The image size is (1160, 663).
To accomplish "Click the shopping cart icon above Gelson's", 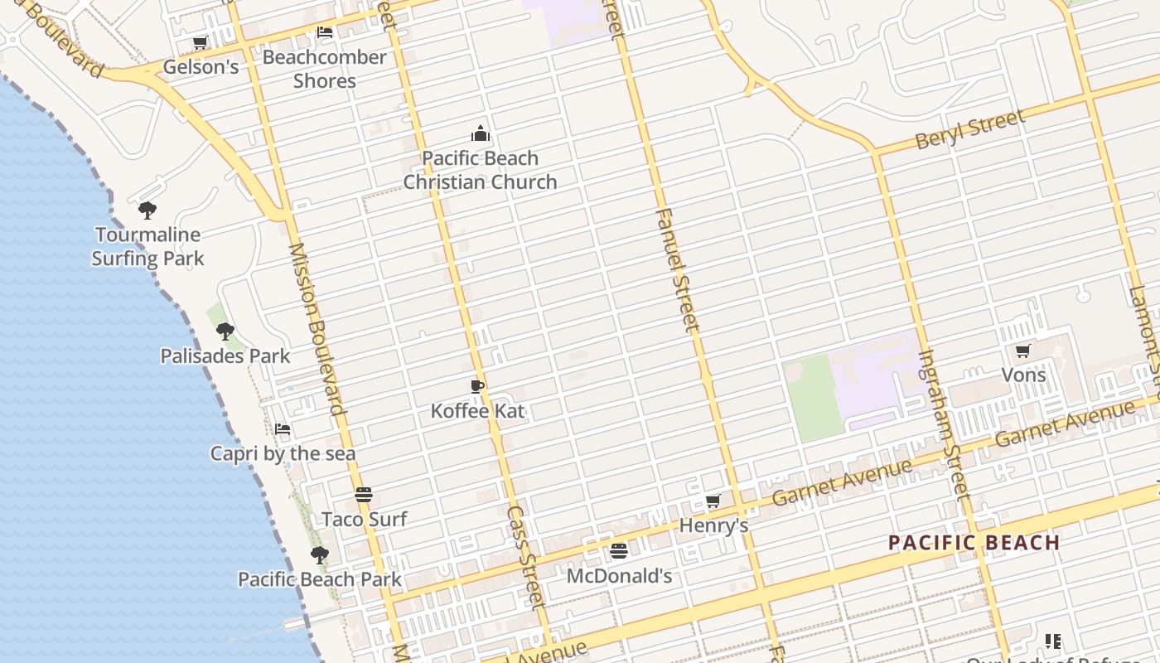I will click(200, 42).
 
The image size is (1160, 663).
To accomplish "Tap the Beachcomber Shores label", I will click(324, 69).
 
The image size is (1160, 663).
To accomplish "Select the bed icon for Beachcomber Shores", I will click(325, 32).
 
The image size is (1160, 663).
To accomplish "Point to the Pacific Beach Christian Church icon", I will click(480, 133).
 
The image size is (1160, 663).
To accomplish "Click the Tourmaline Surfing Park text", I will click(147, 247).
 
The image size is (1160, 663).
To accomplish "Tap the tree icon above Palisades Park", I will click(225, 331).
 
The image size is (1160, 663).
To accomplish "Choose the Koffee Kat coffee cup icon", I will click(477, 386).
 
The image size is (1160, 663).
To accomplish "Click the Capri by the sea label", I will click(283, 453).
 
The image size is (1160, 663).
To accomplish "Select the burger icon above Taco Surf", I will click(364, 495).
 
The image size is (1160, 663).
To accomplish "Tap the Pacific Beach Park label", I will click(320, 579).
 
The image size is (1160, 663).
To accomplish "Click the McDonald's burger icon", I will click(619, 550).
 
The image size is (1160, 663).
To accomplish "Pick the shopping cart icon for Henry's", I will click(713, 501).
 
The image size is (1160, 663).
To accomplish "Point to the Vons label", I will click(1023, 375).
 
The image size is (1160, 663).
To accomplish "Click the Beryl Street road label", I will click(970, 130).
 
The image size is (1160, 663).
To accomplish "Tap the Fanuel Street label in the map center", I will click(677, 269).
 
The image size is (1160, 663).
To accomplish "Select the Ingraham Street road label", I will click(944, 425).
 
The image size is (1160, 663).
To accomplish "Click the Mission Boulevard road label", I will click(316, 329).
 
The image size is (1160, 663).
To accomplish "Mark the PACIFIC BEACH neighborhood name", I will click(974, 544).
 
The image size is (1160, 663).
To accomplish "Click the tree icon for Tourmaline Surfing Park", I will click(147, 210).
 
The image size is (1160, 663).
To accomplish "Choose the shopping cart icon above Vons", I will click(1023, 351).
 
